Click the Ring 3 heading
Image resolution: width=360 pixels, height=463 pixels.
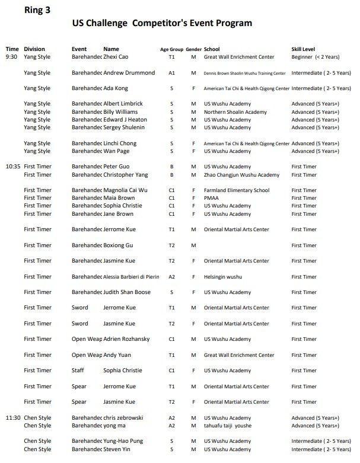point(37,9)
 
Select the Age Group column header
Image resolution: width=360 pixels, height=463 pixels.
point(171,49)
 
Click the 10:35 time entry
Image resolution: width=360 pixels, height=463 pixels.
point(13,167)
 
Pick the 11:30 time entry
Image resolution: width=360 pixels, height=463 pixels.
point(13,417)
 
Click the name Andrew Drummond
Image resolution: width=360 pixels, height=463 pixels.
point(129,73)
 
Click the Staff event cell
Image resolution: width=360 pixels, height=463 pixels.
point(79,371)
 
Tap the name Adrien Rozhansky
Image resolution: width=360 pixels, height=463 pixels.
point(126,339)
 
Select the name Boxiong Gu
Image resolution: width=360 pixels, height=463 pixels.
point(118,245)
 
